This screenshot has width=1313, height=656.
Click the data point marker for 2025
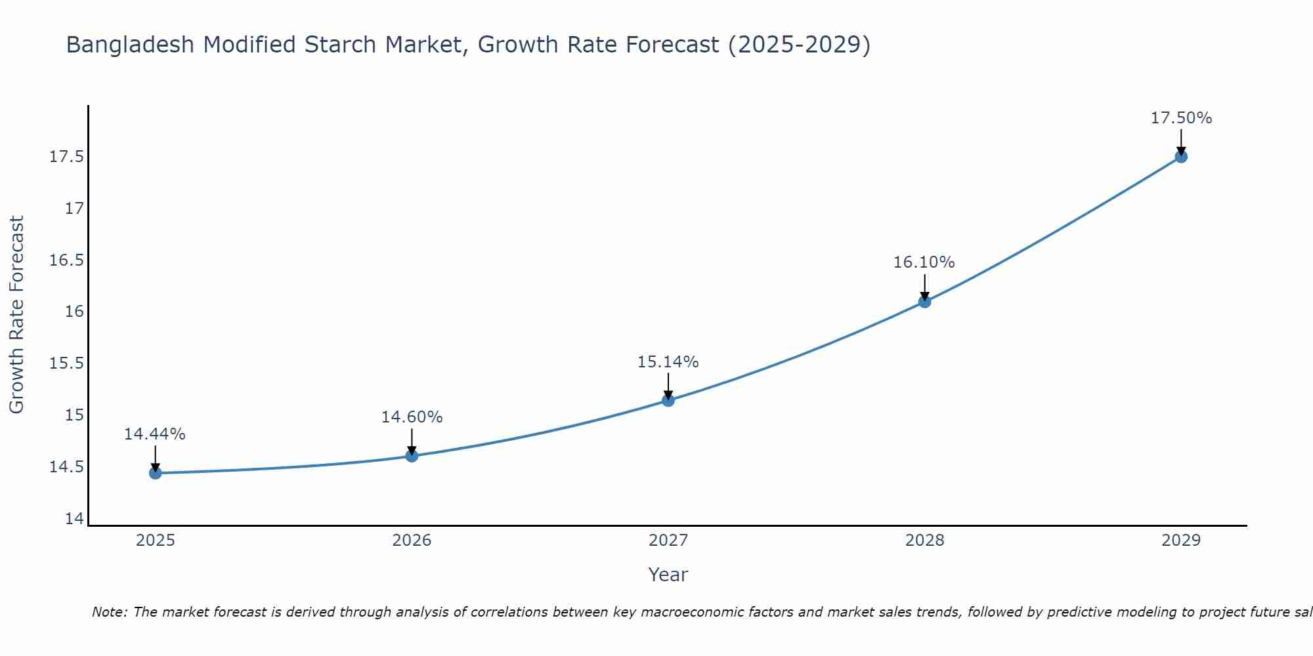(x=156, y=473)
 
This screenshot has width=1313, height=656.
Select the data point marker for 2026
(x=412, y=456)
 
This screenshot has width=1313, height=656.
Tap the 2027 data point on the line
(x=668, y=400)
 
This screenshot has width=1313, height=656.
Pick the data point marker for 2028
(x=924, y=302)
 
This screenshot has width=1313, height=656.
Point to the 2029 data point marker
(x=1181, y=157)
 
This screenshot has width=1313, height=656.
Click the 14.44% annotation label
(x=155, y=434)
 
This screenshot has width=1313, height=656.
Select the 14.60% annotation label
(x=412, y=417)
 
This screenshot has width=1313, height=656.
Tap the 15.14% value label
(x=668, y=362)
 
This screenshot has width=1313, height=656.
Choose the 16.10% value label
(x=924, y=262)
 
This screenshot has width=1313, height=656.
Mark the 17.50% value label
(x=1181, y=118)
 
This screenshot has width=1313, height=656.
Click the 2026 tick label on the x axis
(x=412, y=541)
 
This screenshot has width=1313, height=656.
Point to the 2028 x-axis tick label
(x=924, y=541)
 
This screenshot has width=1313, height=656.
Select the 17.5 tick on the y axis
(x=67, y=157)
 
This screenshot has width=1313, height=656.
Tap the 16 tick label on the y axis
(x=75, y=312)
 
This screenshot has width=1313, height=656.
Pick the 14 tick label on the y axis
(x=75, y=519)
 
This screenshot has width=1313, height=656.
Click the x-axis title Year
(x=668, y=575)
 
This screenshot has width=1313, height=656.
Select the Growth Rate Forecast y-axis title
(x=16, y=315)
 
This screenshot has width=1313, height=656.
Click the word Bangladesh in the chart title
(x=130, y=45)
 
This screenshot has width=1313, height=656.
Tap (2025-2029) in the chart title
(x=799, y=45)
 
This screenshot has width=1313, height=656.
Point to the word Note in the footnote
(x=110, y=612)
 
